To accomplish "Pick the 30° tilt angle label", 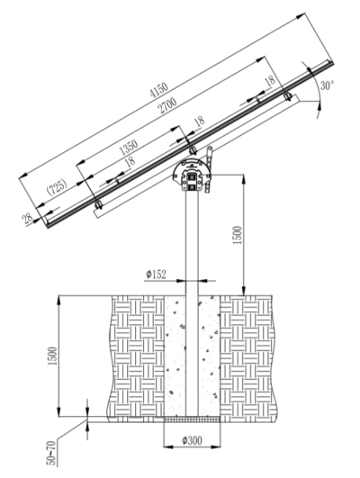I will point(327,86).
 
